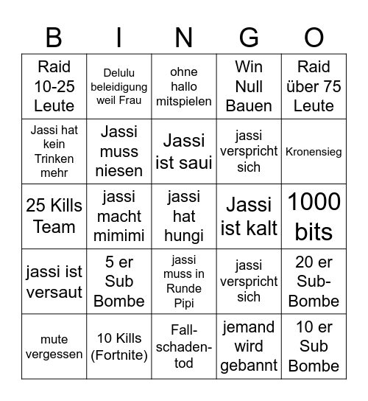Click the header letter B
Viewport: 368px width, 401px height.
[54, 37]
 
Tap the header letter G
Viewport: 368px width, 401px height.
[249, 37]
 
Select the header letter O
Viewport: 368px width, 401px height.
[314, 37]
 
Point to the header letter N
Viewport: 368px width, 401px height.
[184, 37]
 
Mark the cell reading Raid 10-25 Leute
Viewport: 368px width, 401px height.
[54, 86]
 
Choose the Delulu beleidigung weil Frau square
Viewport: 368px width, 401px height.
[119, 86]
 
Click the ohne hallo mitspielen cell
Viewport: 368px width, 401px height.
[184, 86]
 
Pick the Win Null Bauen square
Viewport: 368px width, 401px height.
[249, 86]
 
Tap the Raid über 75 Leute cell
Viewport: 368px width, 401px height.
[314, 86]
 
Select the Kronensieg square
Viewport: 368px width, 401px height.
[314, 151]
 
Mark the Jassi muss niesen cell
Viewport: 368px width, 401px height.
[119, 151]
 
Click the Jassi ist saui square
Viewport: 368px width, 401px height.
[184, 151]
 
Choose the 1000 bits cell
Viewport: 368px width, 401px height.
[314, 216]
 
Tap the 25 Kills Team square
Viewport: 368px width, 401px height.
[54, 216]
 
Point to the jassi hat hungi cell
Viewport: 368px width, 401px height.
[184, 216]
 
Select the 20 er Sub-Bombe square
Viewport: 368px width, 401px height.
[314, 281]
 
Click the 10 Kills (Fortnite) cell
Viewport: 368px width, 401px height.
[119, 346]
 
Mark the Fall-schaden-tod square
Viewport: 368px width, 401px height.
[184, 346]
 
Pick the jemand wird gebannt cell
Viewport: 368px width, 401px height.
[249, 346]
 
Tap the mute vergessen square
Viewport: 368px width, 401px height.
[54, 346]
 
